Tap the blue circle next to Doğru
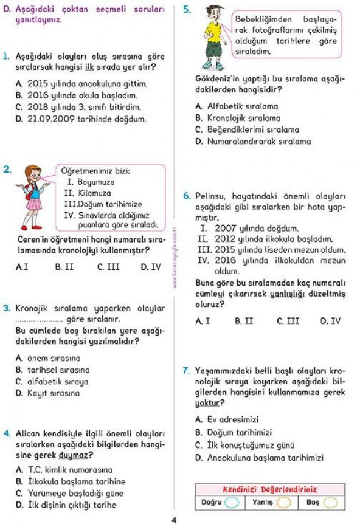232,503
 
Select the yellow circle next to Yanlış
283,503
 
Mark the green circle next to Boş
330,503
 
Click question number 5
187,9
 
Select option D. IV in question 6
330,320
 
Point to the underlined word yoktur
207,403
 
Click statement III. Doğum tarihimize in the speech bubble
103,204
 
